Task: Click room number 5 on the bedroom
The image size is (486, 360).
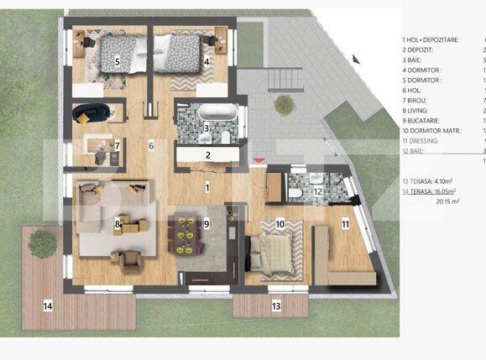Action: pyautogui.click(x=117, y=61)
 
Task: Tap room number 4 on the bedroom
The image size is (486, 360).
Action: pyautogui.click(x=206, y=61)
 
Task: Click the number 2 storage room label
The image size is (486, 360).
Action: pyautogui.click(x=207, y=154)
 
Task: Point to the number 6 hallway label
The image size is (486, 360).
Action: pyautogui.click(x=151, y=146)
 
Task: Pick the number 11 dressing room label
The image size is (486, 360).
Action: pyautogui.click(x=345, y=225)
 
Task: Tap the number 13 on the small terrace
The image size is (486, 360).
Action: pyautogui.click(x=275, y=306)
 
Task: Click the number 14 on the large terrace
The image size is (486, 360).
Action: pyautogui.click(x=48, y=306)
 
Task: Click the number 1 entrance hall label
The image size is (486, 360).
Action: pyautogui.click(x=207, y=189)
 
